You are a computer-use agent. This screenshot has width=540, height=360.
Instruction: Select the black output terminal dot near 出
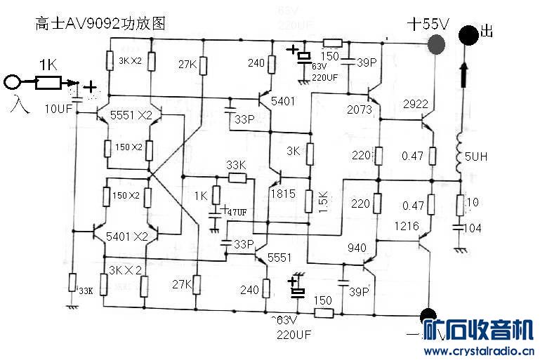click(x=467, y=34)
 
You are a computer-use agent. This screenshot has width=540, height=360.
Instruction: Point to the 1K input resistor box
click(x=48, y=84)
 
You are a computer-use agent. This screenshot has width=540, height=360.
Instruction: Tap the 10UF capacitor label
click(x=58, y=109)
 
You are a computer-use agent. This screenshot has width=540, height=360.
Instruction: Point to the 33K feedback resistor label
click(x=237, y=164)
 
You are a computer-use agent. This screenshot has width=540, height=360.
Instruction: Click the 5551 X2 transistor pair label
click(x=131, y=115)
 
